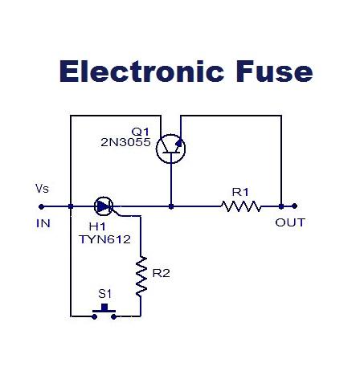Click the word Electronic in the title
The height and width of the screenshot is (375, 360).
[141, 71]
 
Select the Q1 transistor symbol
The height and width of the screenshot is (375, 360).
[171, 149]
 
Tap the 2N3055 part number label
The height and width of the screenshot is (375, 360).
[125, 142]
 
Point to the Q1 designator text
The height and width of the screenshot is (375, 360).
[140, 132]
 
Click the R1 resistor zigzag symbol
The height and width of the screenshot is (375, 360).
[241, 206]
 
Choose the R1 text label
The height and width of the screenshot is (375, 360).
[240, 192]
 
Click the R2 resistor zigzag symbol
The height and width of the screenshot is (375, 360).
[141, 276]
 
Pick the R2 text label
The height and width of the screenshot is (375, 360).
[161, 273]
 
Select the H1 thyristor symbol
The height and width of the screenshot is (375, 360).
[104, 206]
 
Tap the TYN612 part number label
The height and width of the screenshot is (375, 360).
[104, 239]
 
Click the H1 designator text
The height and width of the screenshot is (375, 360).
[97, 226]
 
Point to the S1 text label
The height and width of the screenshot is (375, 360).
[104, 294]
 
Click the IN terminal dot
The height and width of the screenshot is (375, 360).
[41, 206]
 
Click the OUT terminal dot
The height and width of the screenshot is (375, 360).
[294, 206]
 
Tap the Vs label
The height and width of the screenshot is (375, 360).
[42, 189]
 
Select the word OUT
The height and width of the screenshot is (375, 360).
[290, 222]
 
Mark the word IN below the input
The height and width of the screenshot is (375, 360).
[43, 223]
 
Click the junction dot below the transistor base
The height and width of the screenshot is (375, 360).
[171, 206]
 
